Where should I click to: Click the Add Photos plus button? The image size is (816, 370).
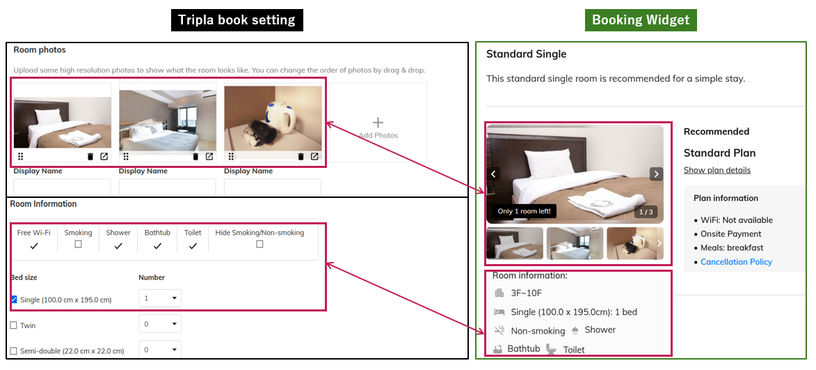(x=378, y=123)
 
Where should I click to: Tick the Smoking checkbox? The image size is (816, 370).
(x=78, y=245)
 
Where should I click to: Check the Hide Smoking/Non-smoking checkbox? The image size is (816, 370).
(x=259, y=245)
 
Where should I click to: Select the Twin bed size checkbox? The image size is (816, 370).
(x=13, y=325)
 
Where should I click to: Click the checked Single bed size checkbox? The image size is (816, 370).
(x=14, y=299)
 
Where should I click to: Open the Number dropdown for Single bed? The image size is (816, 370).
(x=160, y=299)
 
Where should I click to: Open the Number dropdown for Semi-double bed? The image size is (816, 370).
(x=160, y=350)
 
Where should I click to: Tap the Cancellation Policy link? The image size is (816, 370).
(x=736, y=261)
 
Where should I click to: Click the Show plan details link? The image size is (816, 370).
(x=717, y=171)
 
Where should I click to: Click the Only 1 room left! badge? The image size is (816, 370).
(x=524, y=212)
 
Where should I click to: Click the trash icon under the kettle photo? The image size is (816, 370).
(x=301, y=156)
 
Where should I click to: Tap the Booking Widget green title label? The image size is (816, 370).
(x=641, y=20)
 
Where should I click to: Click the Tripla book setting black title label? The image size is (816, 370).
(x=237, y=20)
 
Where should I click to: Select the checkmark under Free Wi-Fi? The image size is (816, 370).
(x=34, y=246)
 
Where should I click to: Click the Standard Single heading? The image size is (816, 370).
(x=526, y=54)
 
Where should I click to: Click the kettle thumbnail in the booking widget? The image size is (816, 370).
(x=635, y=243)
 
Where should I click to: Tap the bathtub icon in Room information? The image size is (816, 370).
(x=497, y=348)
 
